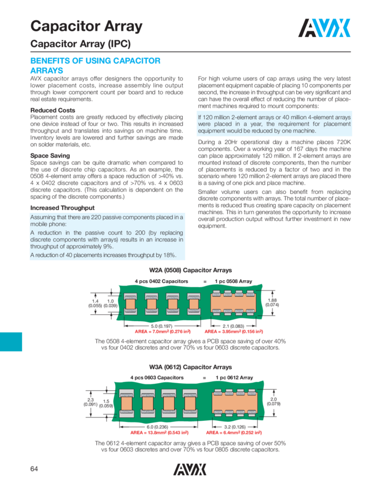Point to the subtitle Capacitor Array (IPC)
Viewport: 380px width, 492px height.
(x=80, y=45)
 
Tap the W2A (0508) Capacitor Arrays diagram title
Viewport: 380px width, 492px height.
(x=190, y=270)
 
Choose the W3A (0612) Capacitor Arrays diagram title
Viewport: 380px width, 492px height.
(x=190, y=367)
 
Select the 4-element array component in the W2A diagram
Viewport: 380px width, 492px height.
(x=237, y=302)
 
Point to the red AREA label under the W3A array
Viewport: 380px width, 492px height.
(x=237, y=432)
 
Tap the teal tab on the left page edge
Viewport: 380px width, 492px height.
(x=11, y=342)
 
